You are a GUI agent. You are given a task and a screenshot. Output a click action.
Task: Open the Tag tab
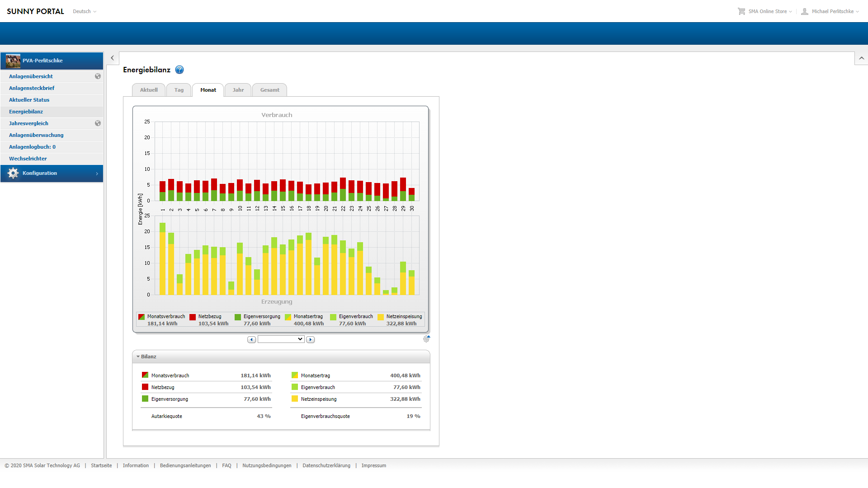coord(179,90)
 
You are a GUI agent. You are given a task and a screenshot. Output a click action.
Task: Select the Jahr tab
coord(238,90)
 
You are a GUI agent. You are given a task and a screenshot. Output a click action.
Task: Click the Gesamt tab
coord(269,90)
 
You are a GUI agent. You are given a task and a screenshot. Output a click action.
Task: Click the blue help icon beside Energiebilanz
coord(179,70)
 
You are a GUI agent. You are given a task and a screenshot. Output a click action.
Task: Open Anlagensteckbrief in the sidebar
coord(32,88)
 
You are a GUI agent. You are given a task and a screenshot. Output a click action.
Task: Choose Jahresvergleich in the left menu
coord(28,123)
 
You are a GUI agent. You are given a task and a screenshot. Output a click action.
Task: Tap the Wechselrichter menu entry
coord(28,159)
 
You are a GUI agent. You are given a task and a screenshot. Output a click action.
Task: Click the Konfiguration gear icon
coord(13,173)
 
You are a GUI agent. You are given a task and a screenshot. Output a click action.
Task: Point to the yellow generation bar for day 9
coord(231,292)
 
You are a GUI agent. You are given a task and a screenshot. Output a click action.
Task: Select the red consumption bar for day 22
coord(343,183)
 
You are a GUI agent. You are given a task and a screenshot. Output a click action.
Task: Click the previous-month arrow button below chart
coord(251,339)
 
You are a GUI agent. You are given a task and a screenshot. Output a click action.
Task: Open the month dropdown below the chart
coord(281,339)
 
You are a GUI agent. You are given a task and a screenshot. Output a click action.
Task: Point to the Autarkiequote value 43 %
coord(264,416)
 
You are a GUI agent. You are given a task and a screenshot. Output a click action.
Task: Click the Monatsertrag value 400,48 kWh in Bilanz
coord(405,375)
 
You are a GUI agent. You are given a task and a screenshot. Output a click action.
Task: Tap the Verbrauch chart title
coord(277,115)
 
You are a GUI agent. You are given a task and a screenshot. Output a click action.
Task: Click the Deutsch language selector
coord(85,11)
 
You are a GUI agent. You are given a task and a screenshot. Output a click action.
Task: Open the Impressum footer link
coord(373,465)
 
